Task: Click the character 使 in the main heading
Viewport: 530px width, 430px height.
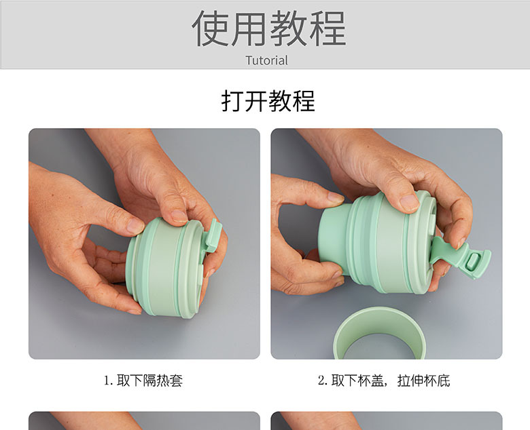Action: [210, 28]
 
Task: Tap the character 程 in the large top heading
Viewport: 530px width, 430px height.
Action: [327, 28]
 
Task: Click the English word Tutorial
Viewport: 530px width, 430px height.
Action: [266, 60]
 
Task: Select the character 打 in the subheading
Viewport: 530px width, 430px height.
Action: [232, 101]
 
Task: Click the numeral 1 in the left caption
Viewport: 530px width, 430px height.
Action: [107, 380]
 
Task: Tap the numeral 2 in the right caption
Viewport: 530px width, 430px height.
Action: [322, 380]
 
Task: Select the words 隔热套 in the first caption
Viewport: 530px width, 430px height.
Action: [164, 380]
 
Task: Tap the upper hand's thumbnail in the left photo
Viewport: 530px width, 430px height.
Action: [179, 216]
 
